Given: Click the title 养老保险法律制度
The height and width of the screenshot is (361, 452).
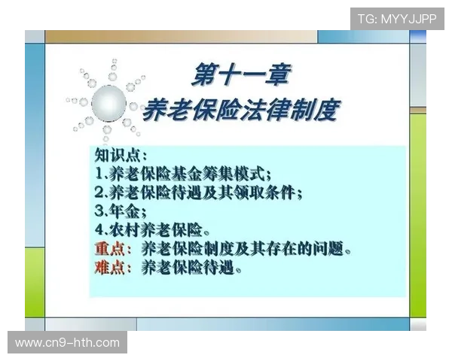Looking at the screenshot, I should point(240,111).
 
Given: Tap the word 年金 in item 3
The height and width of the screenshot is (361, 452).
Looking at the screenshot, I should point(124,211).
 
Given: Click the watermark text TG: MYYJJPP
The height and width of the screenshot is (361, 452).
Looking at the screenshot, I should point(397,18).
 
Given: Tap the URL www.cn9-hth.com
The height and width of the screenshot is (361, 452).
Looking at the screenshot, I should point(68,343).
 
